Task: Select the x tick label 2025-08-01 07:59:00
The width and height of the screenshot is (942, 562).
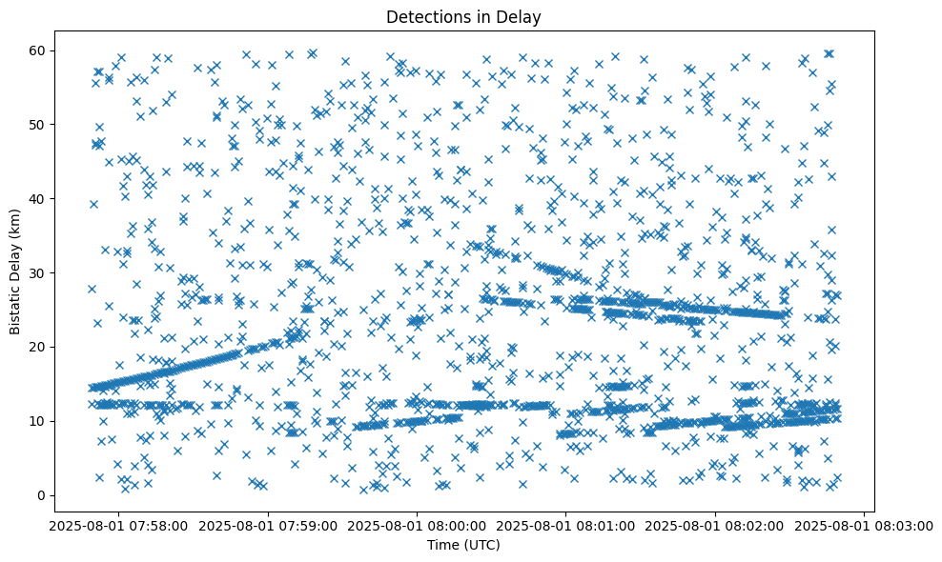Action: click(268, 525)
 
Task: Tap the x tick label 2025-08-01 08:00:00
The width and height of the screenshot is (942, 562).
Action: click(417, 525)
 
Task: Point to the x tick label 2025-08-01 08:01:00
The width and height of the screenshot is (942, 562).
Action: click(566, 525)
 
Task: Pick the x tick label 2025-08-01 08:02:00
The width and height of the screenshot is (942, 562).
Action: click(715, 525)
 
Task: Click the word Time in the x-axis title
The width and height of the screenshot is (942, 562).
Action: click(441, 546)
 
